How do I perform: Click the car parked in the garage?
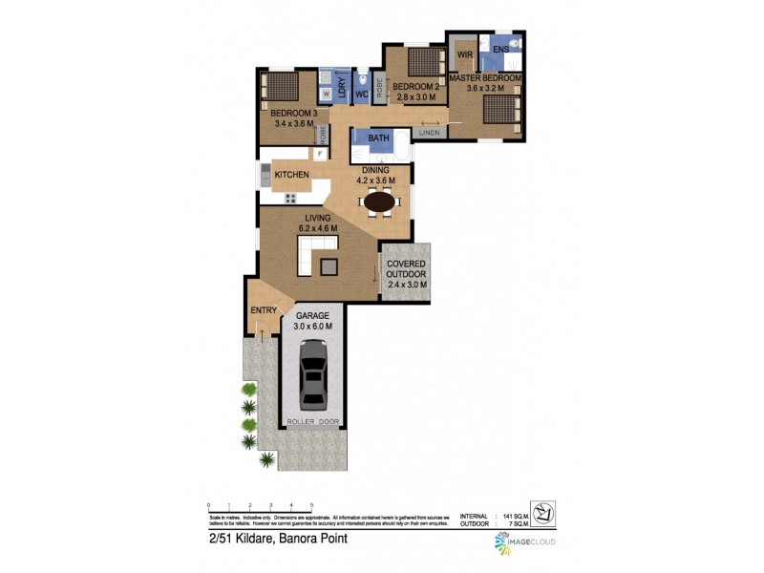pos(312,375)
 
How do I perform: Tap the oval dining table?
pos(379,202)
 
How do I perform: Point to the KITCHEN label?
pos(291,176)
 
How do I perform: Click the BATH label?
pos(379,139)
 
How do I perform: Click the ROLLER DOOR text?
pos(312,420)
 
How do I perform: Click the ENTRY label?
pos(264,310)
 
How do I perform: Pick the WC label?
pos(362,95)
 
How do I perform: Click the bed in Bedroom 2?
pos(420,63)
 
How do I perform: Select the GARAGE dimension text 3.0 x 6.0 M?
pos(312,326)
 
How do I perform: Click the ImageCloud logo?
pos(524,542)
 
